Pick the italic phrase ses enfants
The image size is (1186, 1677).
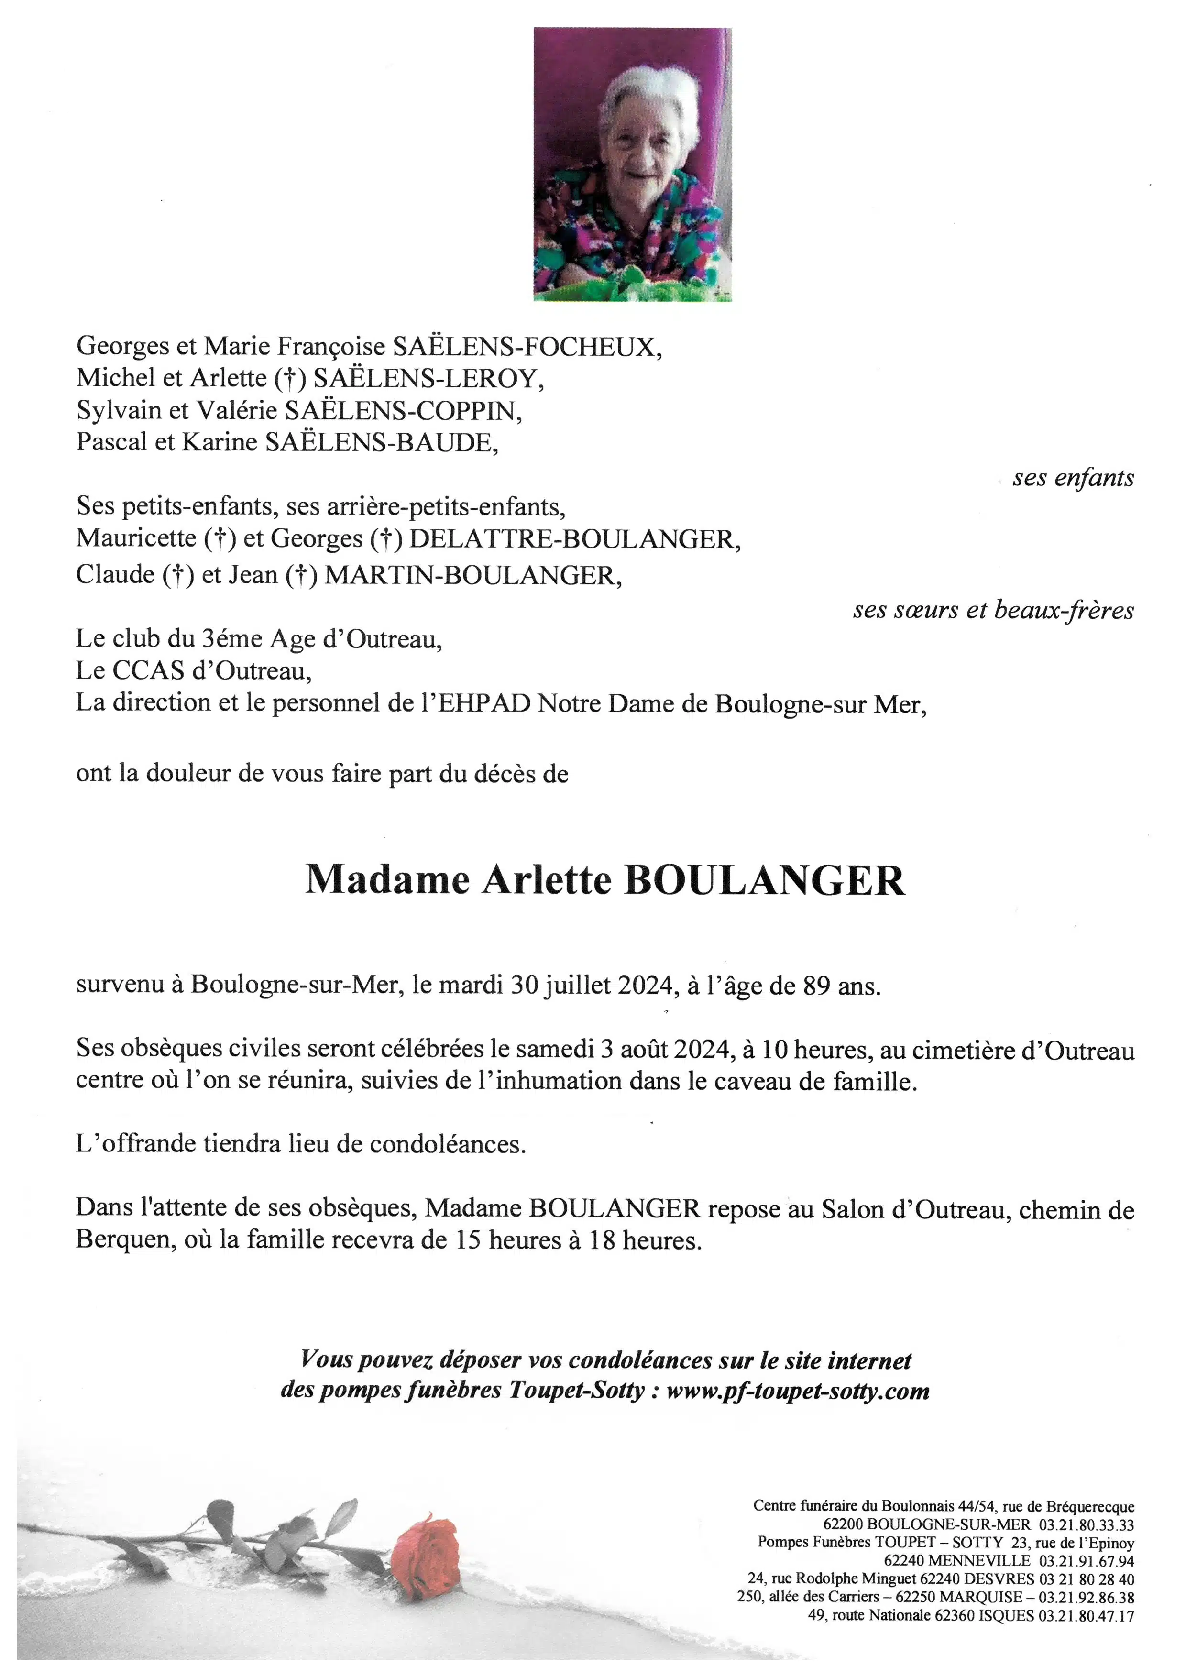[1073, 478]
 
